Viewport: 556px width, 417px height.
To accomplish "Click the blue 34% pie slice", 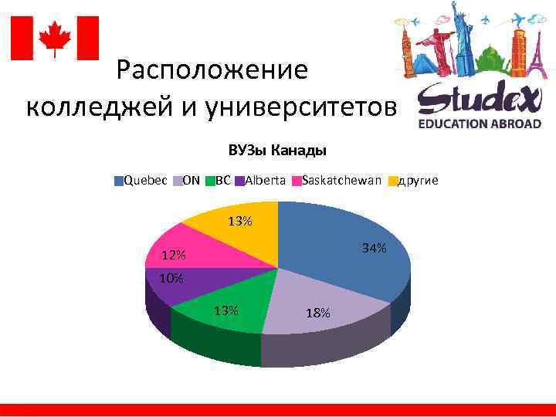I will coord(340,239).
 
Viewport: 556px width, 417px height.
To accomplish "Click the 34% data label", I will coord(375,249).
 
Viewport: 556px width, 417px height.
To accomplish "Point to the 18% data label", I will coord(317,313).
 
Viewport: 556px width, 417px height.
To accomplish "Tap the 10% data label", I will coord(171,278).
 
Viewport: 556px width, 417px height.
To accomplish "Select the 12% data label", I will coord(173,256).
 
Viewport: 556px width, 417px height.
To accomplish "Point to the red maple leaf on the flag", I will coord(55,37).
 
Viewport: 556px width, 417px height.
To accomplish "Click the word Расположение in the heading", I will coord(212,71).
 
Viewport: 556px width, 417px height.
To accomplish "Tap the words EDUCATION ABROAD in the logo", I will coord(480,124).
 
